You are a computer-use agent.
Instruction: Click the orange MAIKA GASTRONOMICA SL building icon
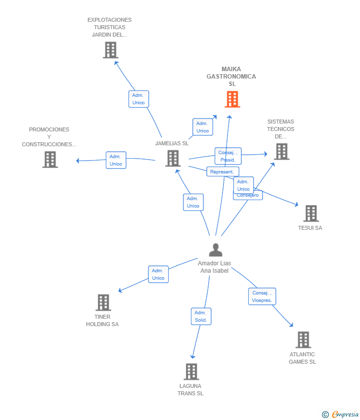pyautogui.click(x=232, y=99)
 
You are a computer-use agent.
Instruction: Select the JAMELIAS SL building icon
pyautogui.click(x=173, y=158)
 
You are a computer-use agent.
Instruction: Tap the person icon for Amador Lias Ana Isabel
pyautogui.click(x=216, y=250)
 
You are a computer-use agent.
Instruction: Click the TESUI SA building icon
pyautogui.click(x=311, y=213)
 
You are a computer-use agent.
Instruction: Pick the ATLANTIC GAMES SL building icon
pyautogui.click(x=304, y=339)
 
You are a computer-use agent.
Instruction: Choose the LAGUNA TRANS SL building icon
pyautogui.click(x=191, y=372)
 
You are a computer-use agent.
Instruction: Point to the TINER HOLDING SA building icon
pyautogui.click(x=103, y=302)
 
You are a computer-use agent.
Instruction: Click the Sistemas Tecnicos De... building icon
pyautogui.click(x=282, y=151)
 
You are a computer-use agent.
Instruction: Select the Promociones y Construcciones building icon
pyautogui.click(x=50, y=160)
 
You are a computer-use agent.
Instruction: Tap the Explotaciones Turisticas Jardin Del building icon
pyautogui.click(x=110, y=50)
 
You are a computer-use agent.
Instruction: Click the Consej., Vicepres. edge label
pyautogui.click(x=262, y=296)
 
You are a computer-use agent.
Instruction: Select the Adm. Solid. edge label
pyautogui.click(x=201, y=316)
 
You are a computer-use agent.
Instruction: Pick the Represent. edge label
pyautogui.click(x=223, y=171)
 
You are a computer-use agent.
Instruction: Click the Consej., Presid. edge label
pyautogui.click(x=228, y=156)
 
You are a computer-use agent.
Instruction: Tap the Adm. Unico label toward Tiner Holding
pyautogui.click(x=158, y=274)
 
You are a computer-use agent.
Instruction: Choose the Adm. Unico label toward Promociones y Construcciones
pyautogui.click(x=116, y=160)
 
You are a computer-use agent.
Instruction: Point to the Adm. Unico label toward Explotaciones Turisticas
pyautogui.click(x=138, y=99)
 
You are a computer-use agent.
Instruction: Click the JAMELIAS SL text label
pyautogui.click(x=172, y=143)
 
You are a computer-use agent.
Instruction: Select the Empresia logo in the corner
pyautogui.click(x=340, y=415)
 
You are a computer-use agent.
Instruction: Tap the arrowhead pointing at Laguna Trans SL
pyautogui.click(x=192, y=357)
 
